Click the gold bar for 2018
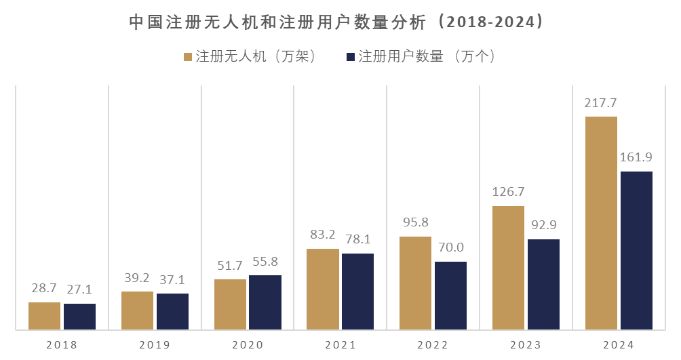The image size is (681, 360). coord(44,316)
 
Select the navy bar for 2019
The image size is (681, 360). coord(172,312)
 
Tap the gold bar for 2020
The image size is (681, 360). coord(230,304)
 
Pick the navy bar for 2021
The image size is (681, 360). coord(357,292)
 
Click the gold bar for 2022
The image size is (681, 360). coord(415,283)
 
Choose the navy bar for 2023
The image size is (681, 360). coord(543,285)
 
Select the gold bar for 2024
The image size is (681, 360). coord(601,223)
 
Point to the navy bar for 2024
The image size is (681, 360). coord(636,251)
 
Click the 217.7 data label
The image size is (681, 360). coord(601,103)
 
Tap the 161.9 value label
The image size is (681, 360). coord(636,158)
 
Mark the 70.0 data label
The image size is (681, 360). coord(450,248)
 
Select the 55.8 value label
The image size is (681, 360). coord(265,262)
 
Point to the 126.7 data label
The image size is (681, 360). coord(508,193)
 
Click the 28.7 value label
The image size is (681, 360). coord(44,289)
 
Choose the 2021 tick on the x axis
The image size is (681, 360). coord(340,345)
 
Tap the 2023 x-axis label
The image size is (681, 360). coord(526,345)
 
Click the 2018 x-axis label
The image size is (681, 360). coord(62,345)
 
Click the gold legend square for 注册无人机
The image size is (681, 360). coord(189,57)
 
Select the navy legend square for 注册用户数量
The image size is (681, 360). coord(351,57)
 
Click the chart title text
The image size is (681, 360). coord(337,22)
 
